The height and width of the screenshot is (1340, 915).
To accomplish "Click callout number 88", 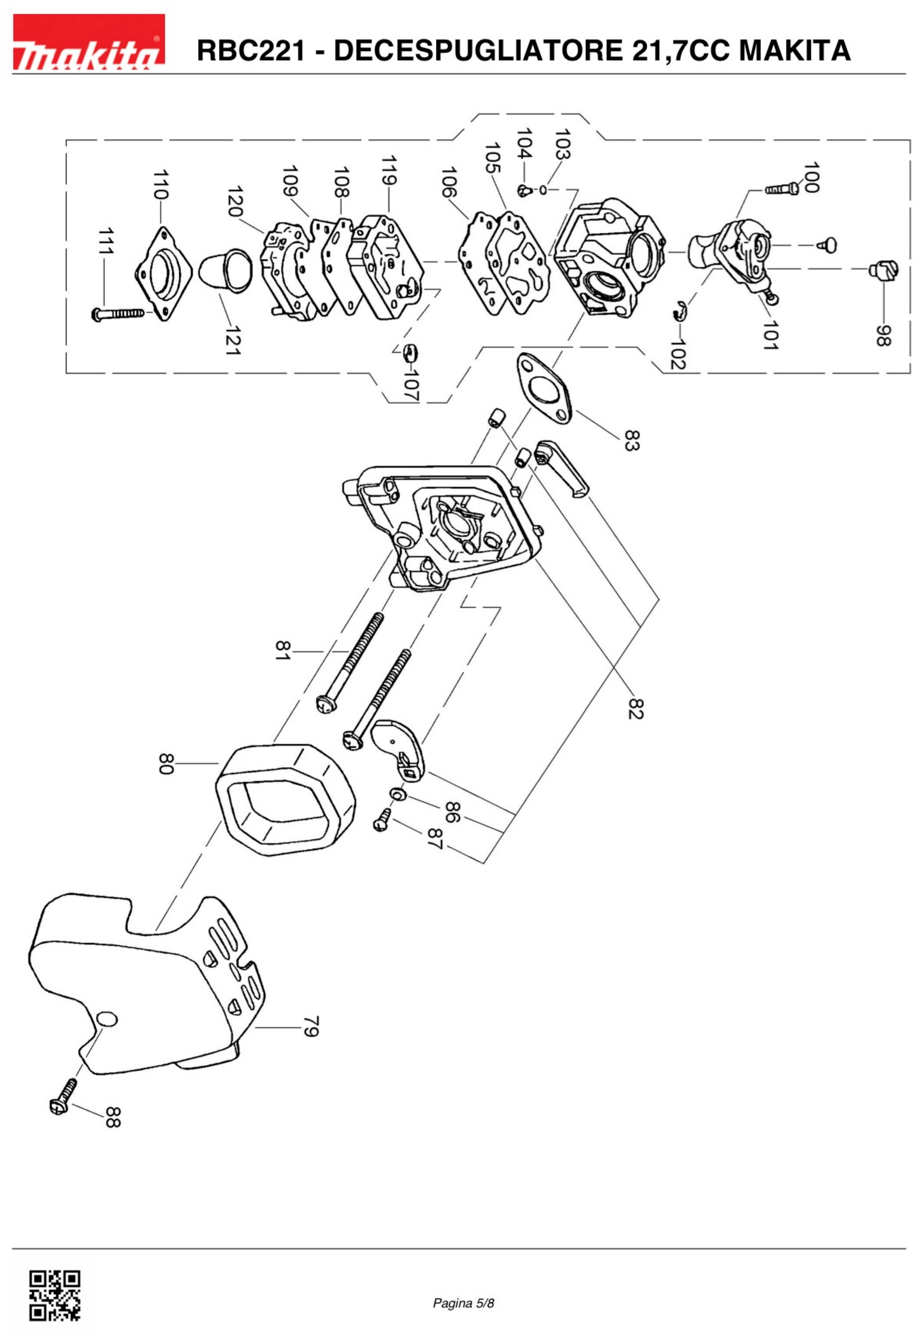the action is (113, 1117).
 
